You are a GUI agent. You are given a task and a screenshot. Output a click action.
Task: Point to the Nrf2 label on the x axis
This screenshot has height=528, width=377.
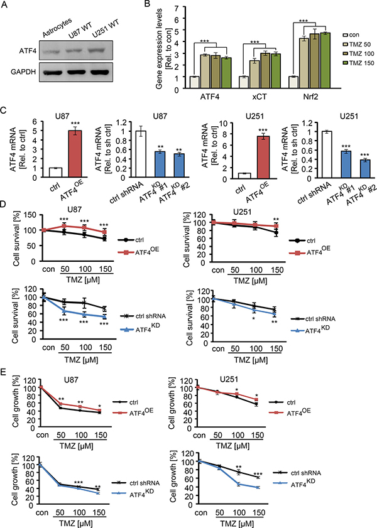[290, 99]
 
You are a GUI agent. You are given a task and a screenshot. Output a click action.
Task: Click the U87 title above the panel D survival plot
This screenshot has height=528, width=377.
[62, 230]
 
